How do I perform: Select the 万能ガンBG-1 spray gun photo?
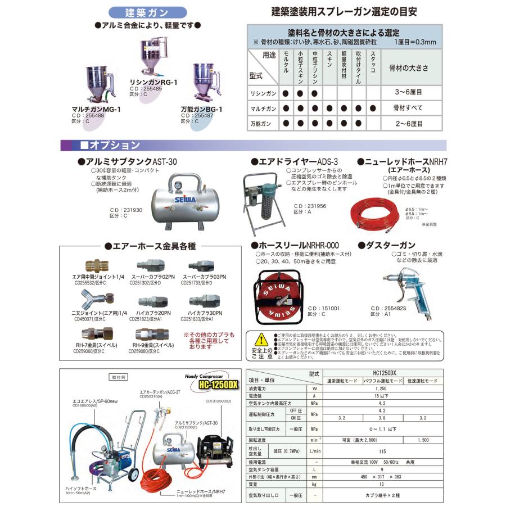tap(205, 85)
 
